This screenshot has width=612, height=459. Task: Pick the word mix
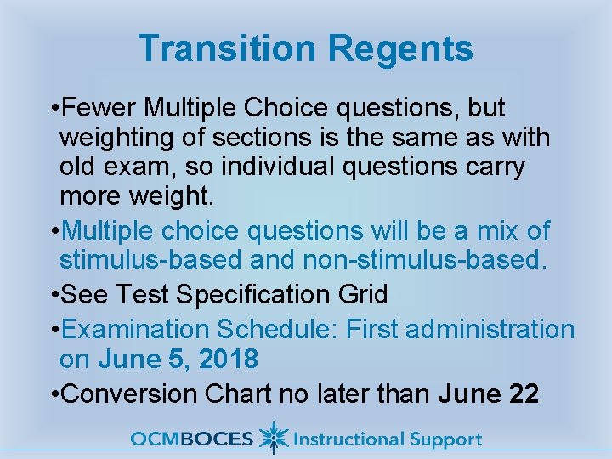pos(494,230)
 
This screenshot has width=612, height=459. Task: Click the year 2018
pos(228,360)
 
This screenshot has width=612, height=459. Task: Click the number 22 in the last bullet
pos(519,394)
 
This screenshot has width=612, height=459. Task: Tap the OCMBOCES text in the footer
pos(192,439)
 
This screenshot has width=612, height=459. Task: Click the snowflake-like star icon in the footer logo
pos(273,438)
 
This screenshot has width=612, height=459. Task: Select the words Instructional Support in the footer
pos(387,439)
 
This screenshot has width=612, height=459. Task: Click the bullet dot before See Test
pos(54,295)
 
